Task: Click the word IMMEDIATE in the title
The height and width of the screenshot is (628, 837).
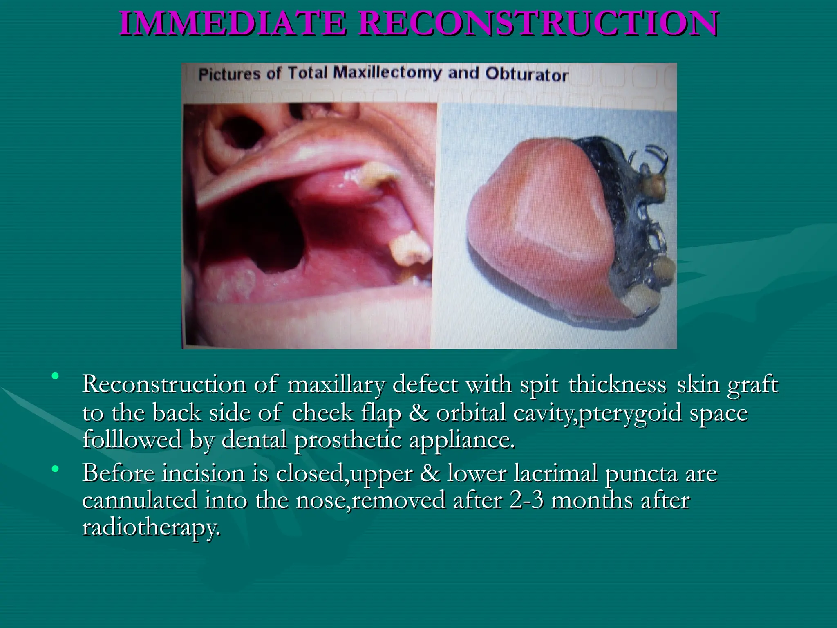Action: [232, 23]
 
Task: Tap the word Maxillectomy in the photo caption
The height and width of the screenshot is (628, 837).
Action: [387, 73]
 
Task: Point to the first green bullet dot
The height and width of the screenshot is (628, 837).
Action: [55, 375]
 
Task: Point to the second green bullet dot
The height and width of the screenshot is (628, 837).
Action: [55, 469]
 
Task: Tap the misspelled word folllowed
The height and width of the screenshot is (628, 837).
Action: [132, 440]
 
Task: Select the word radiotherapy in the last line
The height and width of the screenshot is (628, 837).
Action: [151, 527]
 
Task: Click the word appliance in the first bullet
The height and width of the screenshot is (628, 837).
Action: [461, 440]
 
